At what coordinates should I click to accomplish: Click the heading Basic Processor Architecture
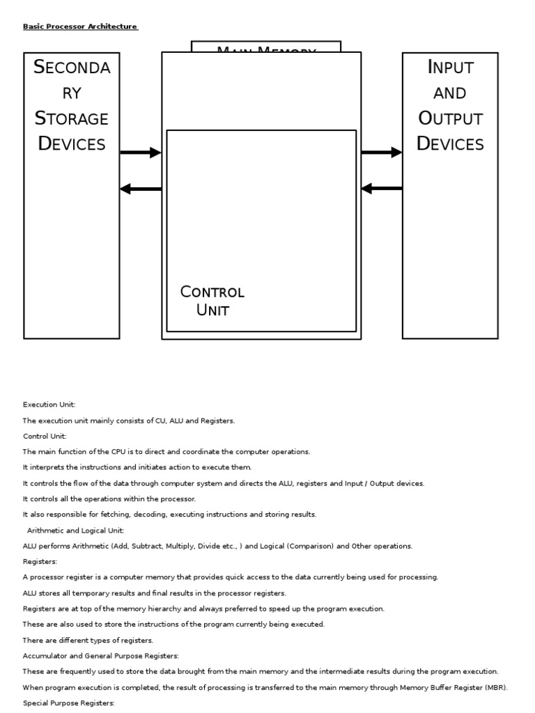tap(81, 26)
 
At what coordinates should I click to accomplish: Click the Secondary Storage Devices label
tap(72, 105)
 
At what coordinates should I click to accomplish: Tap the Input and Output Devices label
tap(450, 105)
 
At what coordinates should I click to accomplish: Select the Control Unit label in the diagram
tap(212, 301)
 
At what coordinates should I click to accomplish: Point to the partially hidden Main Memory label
tap(266, 49)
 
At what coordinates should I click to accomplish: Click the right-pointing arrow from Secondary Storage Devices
tap(141, 153)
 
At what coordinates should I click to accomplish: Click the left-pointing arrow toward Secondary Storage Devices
tap(141, 188)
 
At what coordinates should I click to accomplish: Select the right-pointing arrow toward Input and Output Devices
tap(381, 152)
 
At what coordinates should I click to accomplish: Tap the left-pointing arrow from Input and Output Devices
tap(381, 188)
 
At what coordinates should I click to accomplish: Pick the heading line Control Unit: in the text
tap(47, 436)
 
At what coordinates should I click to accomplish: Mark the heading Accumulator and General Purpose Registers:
tap(101, 655)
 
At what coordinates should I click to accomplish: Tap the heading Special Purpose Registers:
tap(69, 704)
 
